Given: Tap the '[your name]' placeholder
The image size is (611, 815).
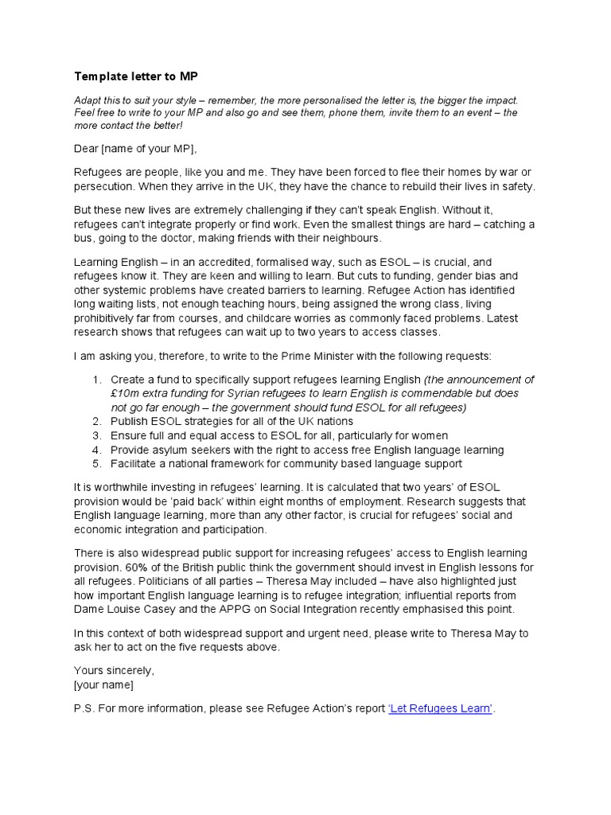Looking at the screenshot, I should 104,685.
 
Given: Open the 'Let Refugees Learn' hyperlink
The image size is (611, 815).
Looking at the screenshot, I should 440,709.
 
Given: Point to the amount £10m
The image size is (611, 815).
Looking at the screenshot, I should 126,393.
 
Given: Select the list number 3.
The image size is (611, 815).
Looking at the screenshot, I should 96,435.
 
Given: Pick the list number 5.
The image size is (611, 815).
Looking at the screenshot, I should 96,463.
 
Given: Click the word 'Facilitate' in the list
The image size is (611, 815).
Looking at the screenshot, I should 135,463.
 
